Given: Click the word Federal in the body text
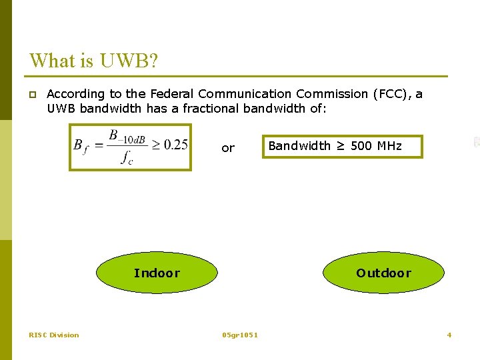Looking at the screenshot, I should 173,94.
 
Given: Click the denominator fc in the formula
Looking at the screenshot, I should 126,158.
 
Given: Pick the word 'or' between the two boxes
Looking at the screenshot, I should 228,148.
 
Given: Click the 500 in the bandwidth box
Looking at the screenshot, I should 361,145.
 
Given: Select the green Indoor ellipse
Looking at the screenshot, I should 157,273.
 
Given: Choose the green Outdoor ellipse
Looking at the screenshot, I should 384,273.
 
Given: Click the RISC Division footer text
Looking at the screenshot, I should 54,335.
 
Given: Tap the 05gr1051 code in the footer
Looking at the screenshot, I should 240,335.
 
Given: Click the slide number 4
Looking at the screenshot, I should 449,335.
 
